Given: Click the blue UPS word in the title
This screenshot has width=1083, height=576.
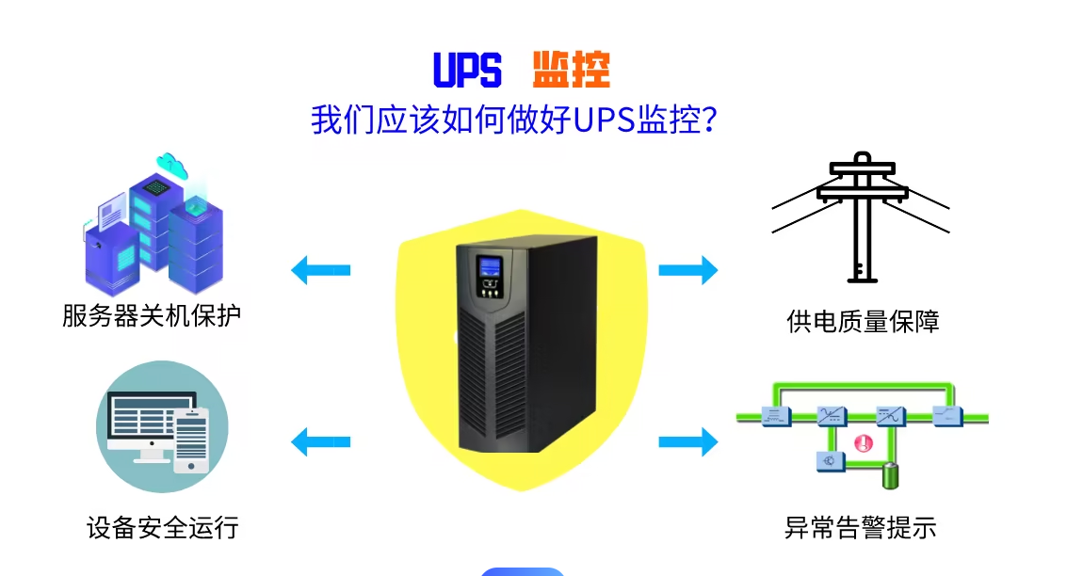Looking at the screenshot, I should click(467, 70).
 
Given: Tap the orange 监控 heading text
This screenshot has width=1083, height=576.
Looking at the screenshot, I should click(572, 70).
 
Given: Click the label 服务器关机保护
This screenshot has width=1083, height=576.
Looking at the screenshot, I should click(152, 314).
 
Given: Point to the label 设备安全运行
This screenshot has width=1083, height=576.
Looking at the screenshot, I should click(162, 527).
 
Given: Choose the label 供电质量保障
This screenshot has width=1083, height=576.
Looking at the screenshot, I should click(863, 322).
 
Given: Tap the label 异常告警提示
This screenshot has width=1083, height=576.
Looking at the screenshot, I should click(860, 527).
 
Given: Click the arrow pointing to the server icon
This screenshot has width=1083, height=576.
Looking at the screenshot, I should click(320, 270).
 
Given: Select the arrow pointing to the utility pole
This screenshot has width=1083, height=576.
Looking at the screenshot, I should click(687, 270).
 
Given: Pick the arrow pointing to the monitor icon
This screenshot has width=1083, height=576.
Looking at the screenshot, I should click(320, 440).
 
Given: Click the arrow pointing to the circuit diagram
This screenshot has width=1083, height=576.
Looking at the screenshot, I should click(687, 440).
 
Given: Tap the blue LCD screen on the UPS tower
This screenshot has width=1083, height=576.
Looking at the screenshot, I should click(489, 266).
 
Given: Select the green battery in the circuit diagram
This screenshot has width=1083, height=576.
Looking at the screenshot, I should click(890, 476).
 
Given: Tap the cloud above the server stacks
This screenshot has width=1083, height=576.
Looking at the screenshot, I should click(172, 165).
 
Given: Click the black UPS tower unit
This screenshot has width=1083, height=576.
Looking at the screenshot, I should click(525, 344).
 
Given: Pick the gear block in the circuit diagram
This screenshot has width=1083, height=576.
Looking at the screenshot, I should click(830, 461).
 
